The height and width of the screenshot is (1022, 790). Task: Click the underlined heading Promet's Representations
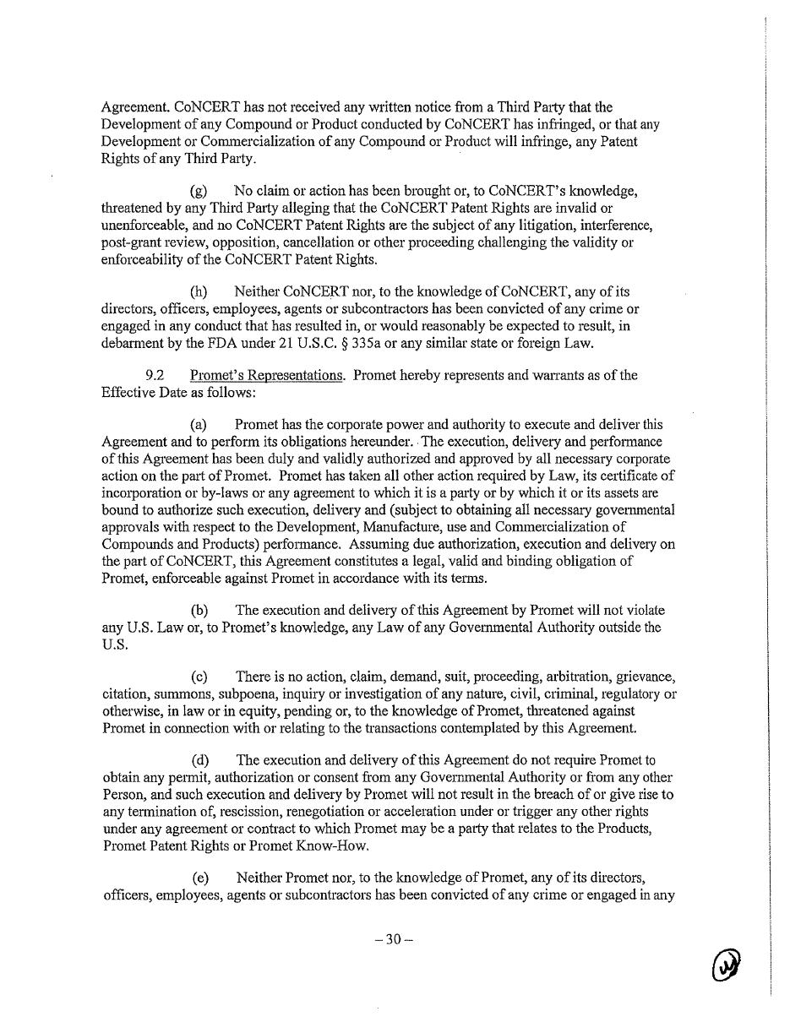click(266, 375)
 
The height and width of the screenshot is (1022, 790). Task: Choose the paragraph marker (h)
click(199, 292)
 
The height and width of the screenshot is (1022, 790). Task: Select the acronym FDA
click(200, 343)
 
